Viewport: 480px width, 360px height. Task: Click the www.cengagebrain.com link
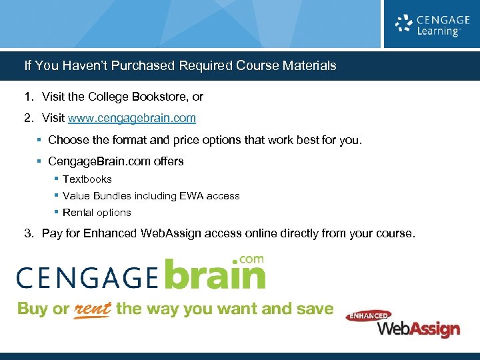132,118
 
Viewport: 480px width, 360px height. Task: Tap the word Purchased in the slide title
146,66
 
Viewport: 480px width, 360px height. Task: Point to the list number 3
29,233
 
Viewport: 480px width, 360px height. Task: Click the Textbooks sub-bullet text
87,179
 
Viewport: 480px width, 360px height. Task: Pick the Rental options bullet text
97,213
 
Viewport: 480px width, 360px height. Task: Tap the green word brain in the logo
215,275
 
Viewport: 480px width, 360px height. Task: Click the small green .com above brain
251,259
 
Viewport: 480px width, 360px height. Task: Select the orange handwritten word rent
91,309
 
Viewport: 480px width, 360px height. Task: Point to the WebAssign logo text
419,328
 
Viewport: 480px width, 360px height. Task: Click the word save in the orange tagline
316,309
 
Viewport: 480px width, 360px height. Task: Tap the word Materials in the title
309,66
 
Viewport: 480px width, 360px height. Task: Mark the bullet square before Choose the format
40,140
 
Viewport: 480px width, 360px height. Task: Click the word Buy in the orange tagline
33,309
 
